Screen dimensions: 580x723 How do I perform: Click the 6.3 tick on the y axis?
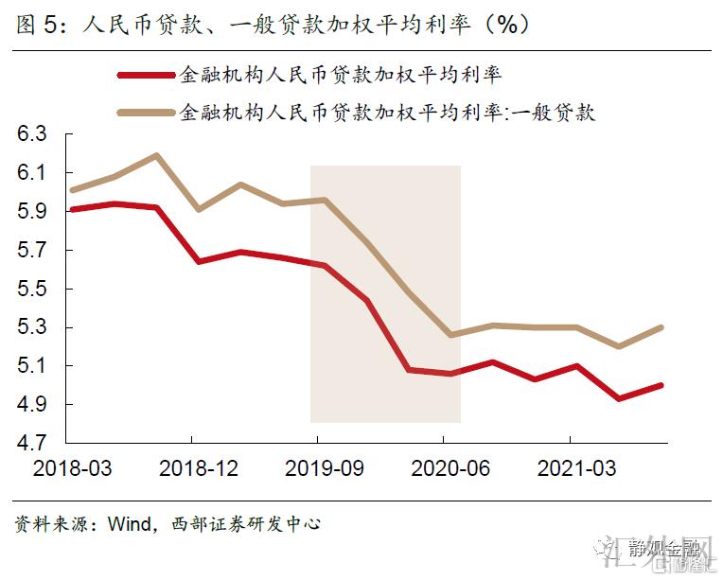pyautogui.click(x=31, y=134)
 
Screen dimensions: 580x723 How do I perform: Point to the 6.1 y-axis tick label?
pyautogui.click(x=31, y=173)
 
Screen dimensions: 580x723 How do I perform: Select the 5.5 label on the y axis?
pyautogui.click(x=31, y=289)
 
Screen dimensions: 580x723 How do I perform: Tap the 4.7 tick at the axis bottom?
pyautogui.click(x=31, y=443)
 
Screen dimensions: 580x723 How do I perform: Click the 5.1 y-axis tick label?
pyautogui.click(x=31, y=366)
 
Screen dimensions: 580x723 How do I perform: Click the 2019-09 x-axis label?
pyautogui.click(x=318, y=468)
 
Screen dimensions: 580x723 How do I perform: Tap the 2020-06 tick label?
pyautogui.click(x=444, y=468)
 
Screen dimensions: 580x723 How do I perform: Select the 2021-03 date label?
pyautogui.click(x=570, y=468)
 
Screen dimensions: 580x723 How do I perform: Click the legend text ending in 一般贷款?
pyautogui.click(x=387, y=113)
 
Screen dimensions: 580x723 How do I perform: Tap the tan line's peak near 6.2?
pyautogui.click(x=156, y=155)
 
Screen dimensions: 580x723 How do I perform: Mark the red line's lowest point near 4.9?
pyautogui.click(x=619, y=398)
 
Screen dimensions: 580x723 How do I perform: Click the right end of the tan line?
pyautogui.click(x=661, y=327)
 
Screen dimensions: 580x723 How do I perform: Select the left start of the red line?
pyautogui.click(x=73, y=209)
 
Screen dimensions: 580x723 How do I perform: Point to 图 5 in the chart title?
pyautogui.click(x=35, y=25)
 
